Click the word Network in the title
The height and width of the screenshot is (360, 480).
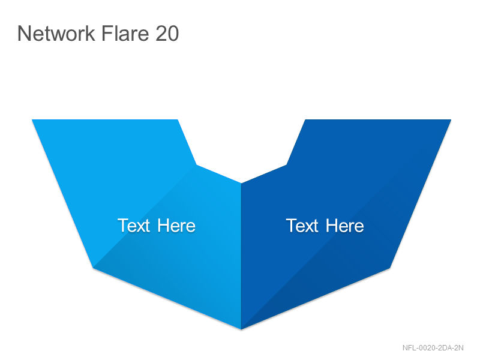pos(56,34)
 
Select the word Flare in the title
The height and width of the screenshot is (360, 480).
pos(125,34)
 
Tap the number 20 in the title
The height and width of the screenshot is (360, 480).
pos(167,34)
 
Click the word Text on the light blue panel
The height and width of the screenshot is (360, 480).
pos(134,226)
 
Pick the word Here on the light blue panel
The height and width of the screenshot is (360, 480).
pos(176,226)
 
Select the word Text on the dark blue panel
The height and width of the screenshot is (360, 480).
pos(302,226)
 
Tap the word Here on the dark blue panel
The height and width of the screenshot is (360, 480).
pos(344,226)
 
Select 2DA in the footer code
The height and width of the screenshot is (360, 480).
pos(444,348)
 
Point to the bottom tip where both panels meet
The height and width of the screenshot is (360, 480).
pos(241,329)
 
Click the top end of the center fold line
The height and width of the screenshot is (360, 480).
pos(241,183)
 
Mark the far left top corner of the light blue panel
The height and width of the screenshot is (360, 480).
pos(32,119)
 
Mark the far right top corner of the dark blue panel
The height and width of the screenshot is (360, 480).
pos(451,119)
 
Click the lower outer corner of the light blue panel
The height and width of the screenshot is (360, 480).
pos(93,268)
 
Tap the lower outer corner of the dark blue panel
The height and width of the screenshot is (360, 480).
pos(389,268)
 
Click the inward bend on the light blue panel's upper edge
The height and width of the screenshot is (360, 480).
pos(197,165)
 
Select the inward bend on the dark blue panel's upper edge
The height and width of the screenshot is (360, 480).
pos(286,165)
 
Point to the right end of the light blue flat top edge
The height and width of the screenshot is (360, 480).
pos(178,119)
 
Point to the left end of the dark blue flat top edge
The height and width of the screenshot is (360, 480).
pos(305,119)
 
